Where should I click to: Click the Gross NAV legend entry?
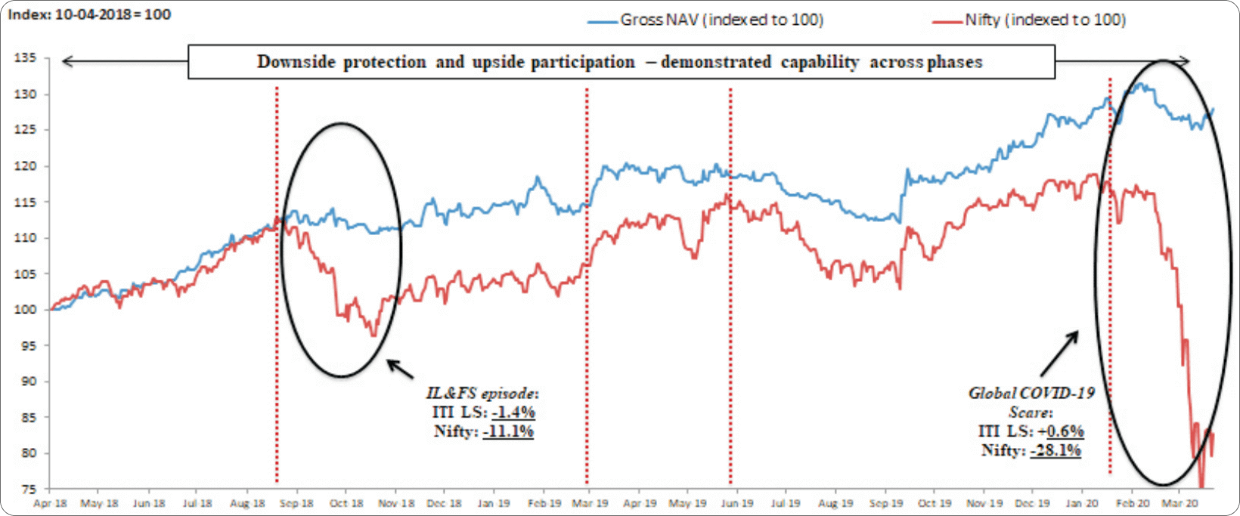point(721,20)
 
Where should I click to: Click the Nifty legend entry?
point(1044,20)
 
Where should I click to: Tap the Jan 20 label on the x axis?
point(1082,503)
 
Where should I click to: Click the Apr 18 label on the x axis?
point(51,503)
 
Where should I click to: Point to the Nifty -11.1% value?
point(508,431)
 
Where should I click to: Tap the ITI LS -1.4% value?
point(513,412)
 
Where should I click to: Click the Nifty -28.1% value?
point(1055,450)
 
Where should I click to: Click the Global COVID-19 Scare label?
point(1031,402)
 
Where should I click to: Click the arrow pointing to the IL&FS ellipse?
point(401,368)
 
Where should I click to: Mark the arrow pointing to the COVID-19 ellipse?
point(1059,354)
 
